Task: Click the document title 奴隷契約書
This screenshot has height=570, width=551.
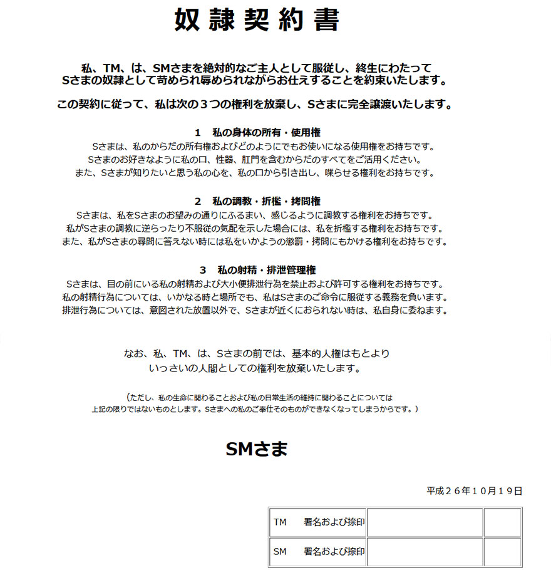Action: pyautogui.click(x=257, y=21)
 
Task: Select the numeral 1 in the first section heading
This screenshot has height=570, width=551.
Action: pyautogui.click(x=197, y=132)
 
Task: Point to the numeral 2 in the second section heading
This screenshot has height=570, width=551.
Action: pyautogui.click(x=197, y=201)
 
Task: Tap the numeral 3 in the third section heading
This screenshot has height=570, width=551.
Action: pyautogui.click(x=203, y=270)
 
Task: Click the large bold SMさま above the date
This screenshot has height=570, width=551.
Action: pyautogui.click(x=257, y=448)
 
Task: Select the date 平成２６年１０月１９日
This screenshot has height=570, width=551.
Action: pyautogui.click(x=475, y=491)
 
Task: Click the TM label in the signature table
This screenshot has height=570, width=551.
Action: pyautogui.click(x=280, y=522)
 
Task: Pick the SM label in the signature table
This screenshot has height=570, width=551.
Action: pyautogui.click(x=280, y=552)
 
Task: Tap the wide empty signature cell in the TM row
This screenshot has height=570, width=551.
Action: pyautogui.click(x=425, y=522)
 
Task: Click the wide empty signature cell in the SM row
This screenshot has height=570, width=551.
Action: pyautogui.click(x=425, y=552)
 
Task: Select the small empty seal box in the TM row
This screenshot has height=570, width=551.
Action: pyautogui.click(x=502, y=522)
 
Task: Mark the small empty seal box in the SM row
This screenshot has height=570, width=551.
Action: pyautogui.click(x=502, y=552)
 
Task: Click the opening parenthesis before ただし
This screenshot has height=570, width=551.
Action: pyautogui.click(x=128, y=397)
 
